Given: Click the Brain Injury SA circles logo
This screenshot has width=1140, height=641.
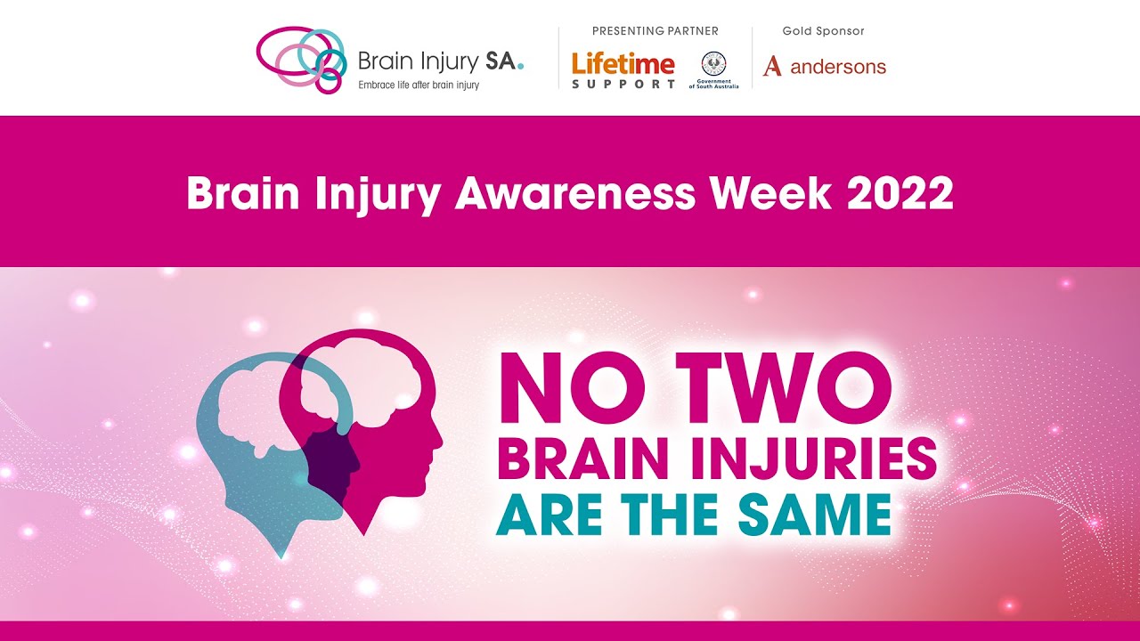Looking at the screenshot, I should (301, 59).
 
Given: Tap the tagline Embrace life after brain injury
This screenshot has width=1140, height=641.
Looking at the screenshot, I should (419, 85).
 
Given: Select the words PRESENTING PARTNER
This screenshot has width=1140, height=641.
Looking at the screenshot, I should (655, 31).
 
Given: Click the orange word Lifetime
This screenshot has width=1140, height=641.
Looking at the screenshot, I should (623, 63).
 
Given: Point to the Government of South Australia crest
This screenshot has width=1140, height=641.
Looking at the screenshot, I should (713, 64).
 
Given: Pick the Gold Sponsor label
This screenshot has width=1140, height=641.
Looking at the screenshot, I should (823, 31).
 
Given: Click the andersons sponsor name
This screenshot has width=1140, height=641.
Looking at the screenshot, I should (838, 67).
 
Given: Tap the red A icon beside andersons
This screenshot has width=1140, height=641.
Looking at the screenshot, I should (772, 66).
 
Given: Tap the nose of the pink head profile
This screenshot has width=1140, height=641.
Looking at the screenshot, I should (439, 439).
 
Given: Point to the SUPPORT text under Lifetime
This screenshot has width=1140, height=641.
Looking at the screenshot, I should (623, 84).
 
